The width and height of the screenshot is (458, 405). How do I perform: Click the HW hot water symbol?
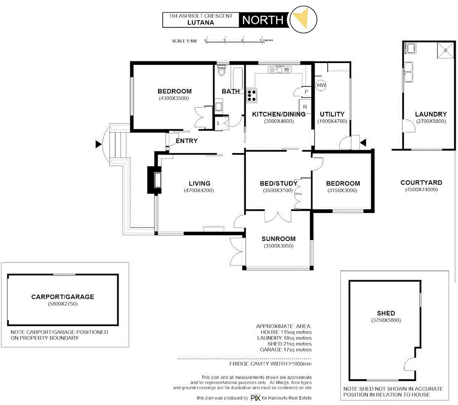click(x=321, y=86)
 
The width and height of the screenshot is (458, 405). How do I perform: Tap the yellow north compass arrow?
click(x=301, y=19)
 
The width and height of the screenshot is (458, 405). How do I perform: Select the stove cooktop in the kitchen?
click(x=251, y=95)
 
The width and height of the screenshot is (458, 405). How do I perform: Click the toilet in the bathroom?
click(x=222, y=71)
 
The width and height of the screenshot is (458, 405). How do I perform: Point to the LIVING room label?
click(x=199, y=183)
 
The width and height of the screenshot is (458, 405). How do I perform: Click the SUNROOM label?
click(x=278, y=239)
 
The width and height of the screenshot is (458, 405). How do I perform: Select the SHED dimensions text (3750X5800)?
click(x=386, y=320)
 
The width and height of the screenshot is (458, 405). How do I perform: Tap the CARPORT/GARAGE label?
click(x=63, y=297)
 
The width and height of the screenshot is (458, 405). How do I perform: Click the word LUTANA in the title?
click(x=201, y=23)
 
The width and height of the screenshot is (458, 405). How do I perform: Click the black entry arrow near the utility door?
click(x=363, y=142)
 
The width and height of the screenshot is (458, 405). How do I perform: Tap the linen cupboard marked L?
click(x=219, y=123)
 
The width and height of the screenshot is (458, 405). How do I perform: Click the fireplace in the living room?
click(x=155, y=179)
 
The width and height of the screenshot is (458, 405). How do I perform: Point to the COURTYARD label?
click(x=421, y=183)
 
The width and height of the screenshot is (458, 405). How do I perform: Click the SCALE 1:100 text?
click(x=185, y=41)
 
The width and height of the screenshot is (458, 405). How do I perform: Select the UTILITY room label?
click(x=332, y=114)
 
